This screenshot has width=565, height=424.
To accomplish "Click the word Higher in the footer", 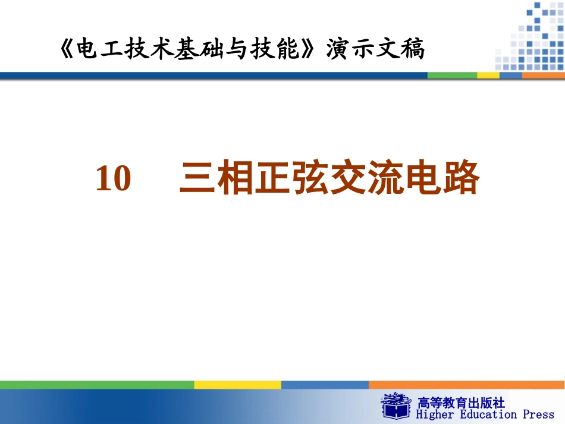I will (435, 414).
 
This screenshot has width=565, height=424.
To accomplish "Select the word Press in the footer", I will (538, 414).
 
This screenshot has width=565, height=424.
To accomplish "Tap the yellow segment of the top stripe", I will (488, 76).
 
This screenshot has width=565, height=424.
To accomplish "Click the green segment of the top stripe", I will (452, 76).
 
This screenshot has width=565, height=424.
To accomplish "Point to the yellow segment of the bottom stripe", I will (237, 385).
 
